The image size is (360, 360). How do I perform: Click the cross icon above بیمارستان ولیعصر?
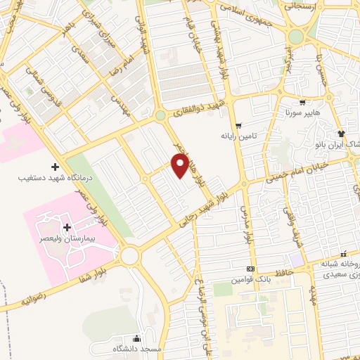click(67, 227)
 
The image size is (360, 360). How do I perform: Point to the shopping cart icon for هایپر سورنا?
click(302, 102)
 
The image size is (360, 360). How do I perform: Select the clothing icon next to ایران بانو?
click(342, 134)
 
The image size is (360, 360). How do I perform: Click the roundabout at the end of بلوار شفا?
click(129, 256)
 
